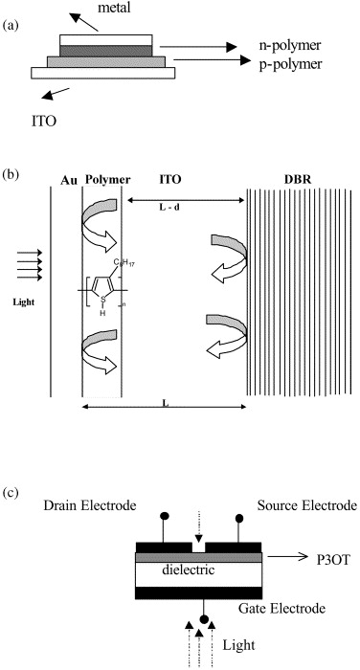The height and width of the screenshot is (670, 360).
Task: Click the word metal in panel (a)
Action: (115, 8)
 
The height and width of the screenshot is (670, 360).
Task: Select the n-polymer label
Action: (290, 45)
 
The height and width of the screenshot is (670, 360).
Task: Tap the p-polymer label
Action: (290, 64)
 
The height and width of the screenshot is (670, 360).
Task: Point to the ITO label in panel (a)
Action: (44, 122)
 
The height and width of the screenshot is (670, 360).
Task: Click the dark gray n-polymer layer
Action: (106, 51)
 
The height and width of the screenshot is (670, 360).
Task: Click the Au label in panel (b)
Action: (68, 180)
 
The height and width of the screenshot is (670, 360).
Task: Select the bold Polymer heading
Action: (107, 180)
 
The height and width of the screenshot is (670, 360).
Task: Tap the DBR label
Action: (298, 180)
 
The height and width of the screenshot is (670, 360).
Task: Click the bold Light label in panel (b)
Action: (24, 302)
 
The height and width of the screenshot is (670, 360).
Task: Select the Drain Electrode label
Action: (90, 505)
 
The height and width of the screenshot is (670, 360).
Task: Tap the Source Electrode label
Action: (307, 505)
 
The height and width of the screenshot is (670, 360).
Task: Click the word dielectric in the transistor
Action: (188, 569)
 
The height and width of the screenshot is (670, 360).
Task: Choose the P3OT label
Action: (333, 558)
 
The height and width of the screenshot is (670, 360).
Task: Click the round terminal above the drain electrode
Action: (164, 516)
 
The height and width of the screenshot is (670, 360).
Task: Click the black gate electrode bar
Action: (198, 592)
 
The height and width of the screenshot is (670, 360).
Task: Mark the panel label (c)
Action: (11, 493)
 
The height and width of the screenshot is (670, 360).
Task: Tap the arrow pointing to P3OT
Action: (288, 557)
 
